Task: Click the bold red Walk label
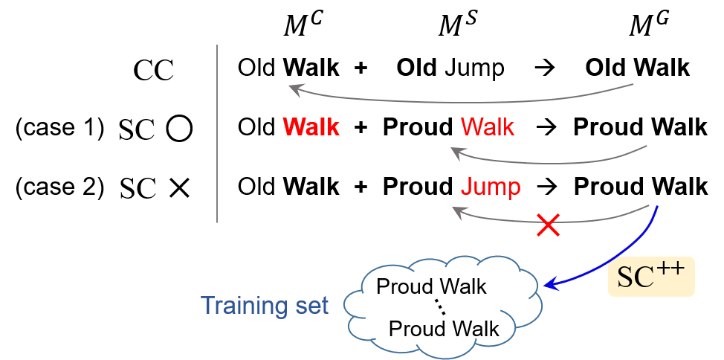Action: pyautogui.click(x=311, y=127)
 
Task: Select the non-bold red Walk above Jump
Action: pyautogui.click(x=487, y=127)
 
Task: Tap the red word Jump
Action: pyautogui.click(x=490, y=187)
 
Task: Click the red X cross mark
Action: pyautogui.click(x=549, y=225)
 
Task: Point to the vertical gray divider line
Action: pyautogui.click(x=217, y=134)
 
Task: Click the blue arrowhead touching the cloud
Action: pyautogui.click(x=549, y=284)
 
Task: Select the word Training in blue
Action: pyautogui.click(x=242, y=306)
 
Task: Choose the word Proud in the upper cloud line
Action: pyautogui.click(x=405, y=286)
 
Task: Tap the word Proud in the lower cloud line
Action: pyautogui.click(x=417, y=329)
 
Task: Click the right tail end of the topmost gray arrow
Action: pyautogui.click(x=633, y=85)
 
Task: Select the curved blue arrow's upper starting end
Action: pyautogui.click(x=657, y=208)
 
